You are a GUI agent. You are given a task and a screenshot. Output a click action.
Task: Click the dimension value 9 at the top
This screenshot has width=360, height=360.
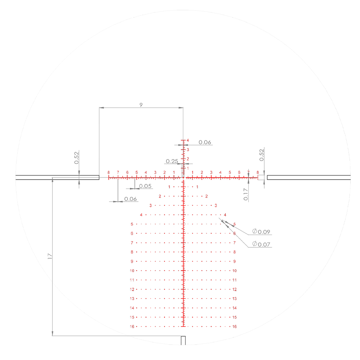pos(141,104)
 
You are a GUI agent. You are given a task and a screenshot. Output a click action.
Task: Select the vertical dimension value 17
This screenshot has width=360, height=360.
pos(50,256)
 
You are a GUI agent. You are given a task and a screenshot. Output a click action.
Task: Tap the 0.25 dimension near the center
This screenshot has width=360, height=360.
pos(172,161)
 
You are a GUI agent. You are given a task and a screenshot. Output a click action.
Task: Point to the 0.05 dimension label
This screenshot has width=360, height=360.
pos(145,186)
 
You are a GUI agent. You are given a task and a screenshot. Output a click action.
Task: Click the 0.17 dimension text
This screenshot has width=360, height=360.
pos(246,194)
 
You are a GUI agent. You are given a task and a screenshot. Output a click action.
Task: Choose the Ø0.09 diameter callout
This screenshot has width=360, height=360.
pos(261,231)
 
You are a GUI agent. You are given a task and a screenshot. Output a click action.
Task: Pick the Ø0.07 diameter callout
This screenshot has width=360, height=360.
pos(261,244)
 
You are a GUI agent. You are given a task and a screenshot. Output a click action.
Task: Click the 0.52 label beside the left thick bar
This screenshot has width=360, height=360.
pos(76,158)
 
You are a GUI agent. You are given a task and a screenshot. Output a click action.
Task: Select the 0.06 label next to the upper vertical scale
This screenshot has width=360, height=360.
pos(205,142)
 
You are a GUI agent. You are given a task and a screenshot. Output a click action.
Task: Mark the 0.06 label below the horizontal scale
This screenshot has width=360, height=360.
pos(131,199)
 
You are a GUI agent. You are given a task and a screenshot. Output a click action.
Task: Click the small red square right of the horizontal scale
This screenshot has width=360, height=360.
pos(261,177)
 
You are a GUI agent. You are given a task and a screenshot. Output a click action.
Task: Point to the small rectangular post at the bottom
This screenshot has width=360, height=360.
pos(183,340)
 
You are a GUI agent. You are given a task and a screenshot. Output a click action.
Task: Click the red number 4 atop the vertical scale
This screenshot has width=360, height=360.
pos(188,140)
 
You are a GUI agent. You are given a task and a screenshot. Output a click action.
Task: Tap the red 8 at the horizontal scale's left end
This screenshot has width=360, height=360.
pos(108,172)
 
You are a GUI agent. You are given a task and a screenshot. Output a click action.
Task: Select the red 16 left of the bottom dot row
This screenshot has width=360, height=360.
pos(132,327)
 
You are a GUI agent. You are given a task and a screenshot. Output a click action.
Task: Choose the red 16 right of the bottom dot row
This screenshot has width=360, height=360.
pos(234,327)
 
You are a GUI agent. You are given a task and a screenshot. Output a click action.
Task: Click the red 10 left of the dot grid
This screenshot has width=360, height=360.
pos(132,271)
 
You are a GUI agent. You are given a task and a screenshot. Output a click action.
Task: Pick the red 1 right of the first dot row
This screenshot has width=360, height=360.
pos(197,187)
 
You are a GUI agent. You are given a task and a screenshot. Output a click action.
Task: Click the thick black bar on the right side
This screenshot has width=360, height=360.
pos(309,177)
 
